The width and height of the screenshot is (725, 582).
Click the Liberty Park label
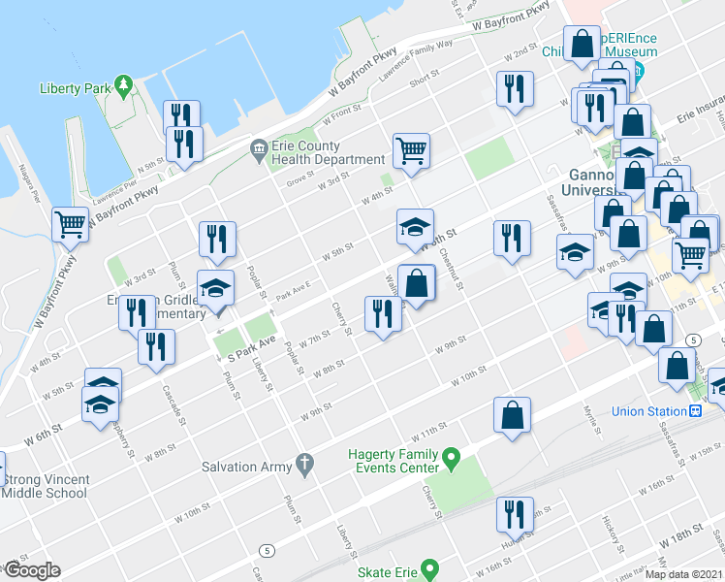point(72,88)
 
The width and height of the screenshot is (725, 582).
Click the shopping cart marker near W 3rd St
point(412,150)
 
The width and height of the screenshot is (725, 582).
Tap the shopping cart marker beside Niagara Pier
point(71,224)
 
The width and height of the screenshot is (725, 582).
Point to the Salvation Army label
point(246,467)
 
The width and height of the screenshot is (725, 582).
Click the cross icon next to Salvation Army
point(305,466)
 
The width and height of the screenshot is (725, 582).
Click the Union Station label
point(647,411)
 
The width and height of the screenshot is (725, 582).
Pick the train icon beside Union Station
point(695,410)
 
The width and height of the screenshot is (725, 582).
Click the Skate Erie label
point(387,572)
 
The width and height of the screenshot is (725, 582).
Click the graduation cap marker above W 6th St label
point(415,229)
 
